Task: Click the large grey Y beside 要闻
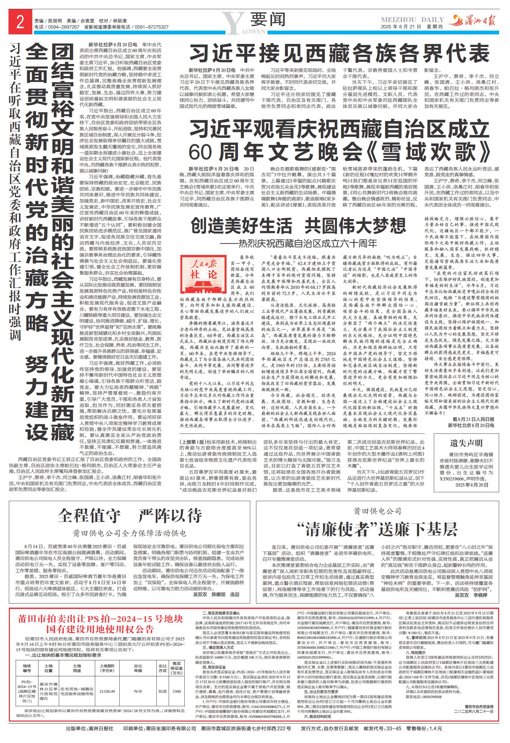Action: click(x=234, y=22)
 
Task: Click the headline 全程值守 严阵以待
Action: click(x=130, y=516)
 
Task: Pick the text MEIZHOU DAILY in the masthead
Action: click(x=412, y=20)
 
